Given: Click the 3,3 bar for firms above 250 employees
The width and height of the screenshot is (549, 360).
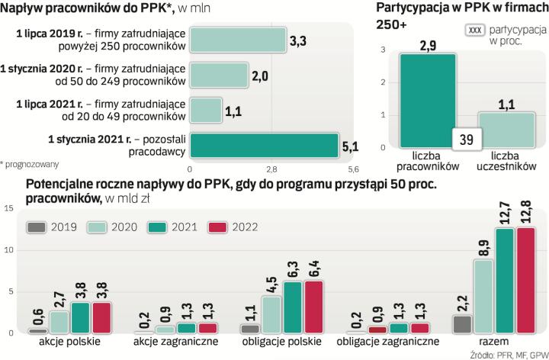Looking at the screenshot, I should click(237, 40).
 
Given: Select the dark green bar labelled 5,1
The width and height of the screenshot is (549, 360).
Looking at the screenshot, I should click(263, 145).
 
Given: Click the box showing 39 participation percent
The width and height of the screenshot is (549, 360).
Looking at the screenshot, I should click(467, 140).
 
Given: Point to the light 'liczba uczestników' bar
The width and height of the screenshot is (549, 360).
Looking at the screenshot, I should click(506, 136).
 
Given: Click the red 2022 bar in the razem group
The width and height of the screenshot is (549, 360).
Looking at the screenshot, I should click(525, 281).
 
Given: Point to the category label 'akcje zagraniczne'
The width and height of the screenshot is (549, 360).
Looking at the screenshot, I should click(175, 342).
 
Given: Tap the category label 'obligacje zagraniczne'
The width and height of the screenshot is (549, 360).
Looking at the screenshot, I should click(389, 342).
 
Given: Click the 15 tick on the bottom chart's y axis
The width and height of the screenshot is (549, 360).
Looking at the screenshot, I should click(7, 208).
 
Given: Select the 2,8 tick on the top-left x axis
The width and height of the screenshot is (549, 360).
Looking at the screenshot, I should click(271, 169).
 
